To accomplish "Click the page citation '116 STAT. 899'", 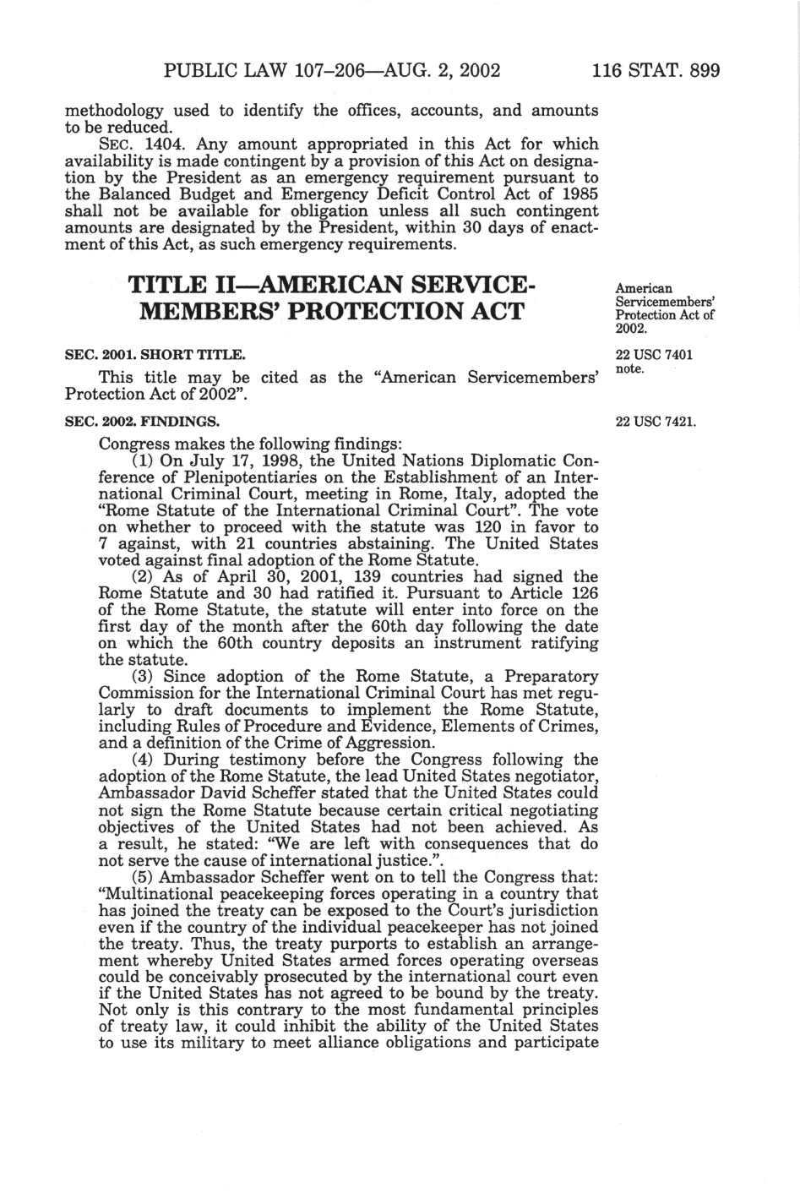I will coord(656,70).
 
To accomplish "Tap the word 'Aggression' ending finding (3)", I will coord(395,744).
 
